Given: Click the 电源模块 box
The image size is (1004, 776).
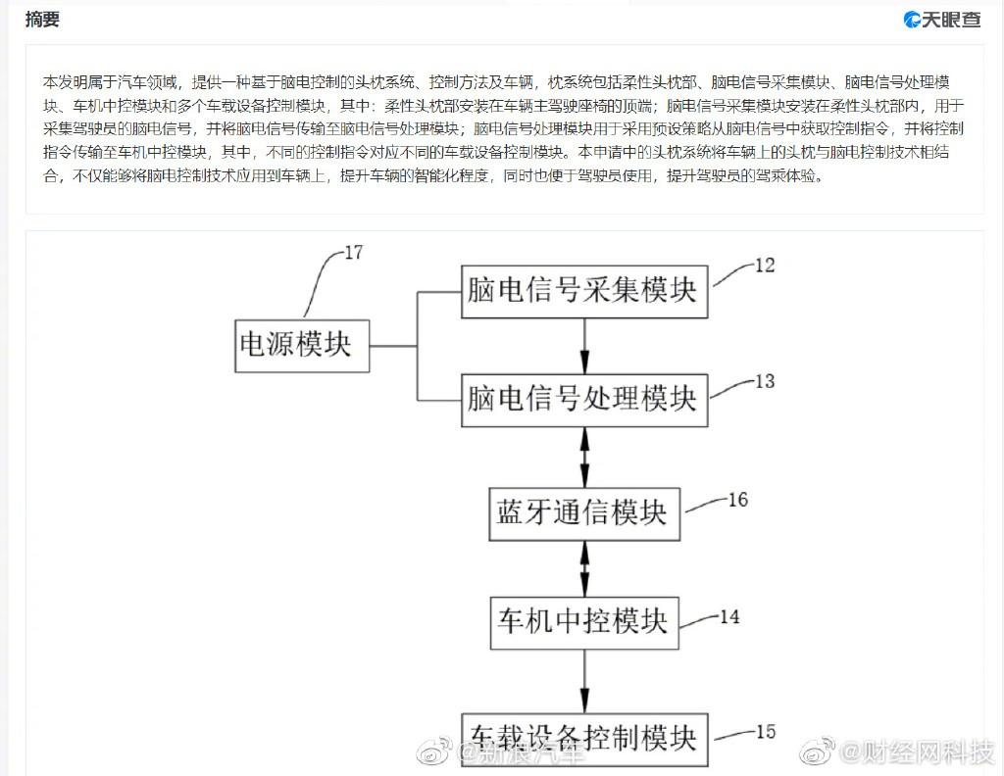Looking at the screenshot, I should click(x=302, y=346).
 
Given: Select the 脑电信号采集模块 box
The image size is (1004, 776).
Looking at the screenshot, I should click(x=584, y=290).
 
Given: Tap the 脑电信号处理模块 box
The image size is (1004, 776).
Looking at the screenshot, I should click(x=584, y=400).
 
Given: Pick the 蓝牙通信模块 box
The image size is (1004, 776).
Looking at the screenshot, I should click(x=584, y=512).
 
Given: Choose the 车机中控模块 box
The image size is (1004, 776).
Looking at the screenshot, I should click(x=584, y=622).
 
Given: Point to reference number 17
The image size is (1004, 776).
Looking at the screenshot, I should click(x=353, y=253).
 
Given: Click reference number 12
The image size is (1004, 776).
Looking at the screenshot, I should click(x=764, y=265).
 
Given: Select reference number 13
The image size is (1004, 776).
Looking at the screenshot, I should click(x=764, y=381).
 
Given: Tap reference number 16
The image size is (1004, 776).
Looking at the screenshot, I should click(x=737, y=501).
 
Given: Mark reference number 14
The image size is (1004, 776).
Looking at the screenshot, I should click(x=729, y=617).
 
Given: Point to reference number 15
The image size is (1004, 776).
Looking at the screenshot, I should click(x=765, y=731).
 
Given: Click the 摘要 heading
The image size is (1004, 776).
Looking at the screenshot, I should click(x=42, y=19).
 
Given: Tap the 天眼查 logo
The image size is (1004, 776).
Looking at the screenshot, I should click(x=941, y=20).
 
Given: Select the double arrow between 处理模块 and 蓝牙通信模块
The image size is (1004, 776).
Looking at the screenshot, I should click(x=585, y=456).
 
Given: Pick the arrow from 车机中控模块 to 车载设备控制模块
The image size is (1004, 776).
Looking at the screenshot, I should click(x=585, y=680).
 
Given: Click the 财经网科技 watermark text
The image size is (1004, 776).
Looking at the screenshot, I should click(x=913, y=752).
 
